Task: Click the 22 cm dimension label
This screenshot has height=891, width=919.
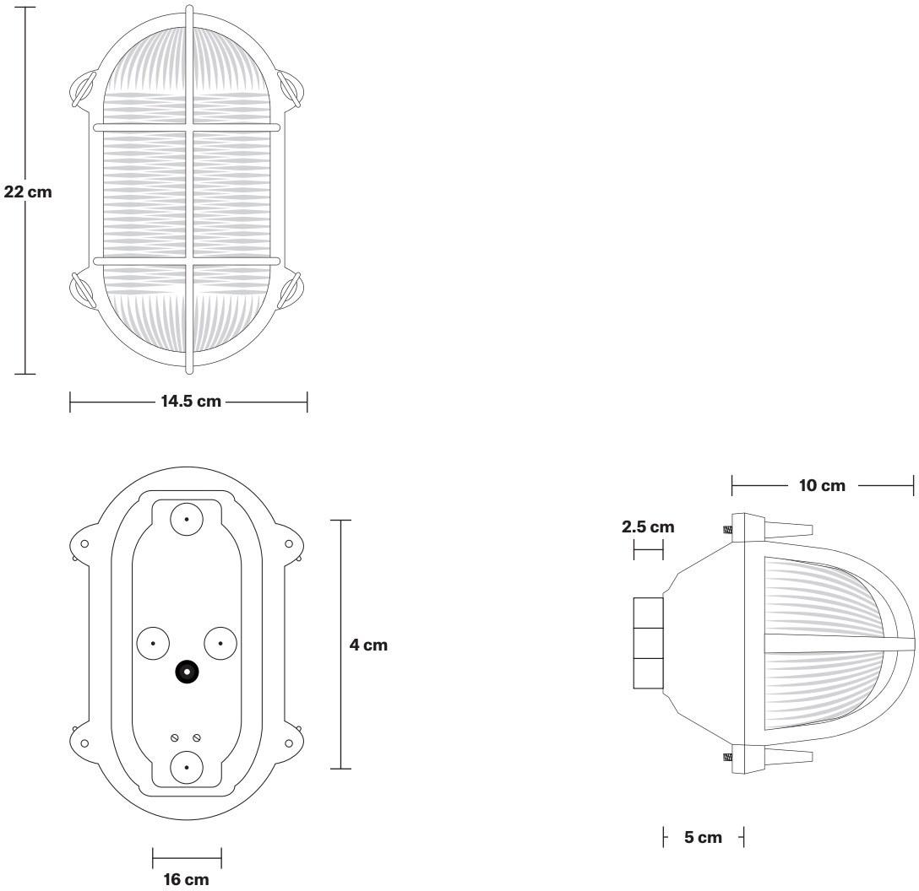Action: [x=28, y=192]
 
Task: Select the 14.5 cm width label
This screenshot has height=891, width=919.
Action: [x=191, y=402]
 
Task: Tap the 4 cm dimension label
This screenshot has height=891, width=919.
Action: [x=368, y=645]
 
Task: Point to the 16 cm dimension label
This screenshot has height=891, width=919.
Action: [x=186, y=879]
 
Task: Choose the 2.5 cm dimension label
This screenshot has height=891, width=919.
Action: [x=648, y=527]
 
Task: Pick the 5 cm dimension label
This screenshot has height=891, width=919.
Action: [x=703, y=838]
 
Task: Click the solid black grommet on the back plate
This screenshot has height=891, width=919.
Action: [x=186, y=671]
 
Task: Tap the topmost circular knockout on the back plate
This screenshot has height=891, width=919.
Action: [x=186, y=519]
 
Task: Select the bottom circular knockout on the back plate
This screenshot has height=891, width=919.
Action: [x=186, y=767]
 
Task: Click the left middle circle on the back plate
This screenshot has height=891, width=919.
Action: [x=152, y=643]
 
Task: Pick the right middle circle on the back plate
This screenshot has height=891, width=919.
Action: [x=220, y=643]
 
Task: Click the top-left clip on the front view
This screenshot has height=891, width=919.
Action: [x=82, y=88]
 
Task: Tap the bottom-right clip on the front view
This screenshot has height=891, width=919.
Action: [x=291, y=292]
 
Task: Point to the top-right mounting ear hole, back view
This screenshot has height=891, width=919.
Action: [x=288, y=543]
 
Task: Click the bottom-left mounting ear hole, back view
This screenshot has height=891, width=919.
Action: [x=84, y=743]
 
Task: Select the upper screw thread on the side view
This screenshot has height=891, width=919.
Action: [x=726, y=531]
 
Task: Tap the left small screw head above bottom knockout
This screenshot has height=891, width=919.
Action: [x=175, y=737]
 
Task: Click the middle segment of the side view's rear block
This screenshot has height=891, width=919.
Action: [x=648, y=643]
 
